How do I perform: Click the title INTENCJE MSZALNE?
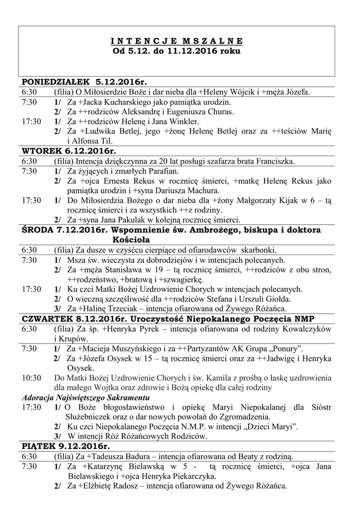176,41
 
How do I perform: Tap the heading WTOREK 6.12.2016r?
69,151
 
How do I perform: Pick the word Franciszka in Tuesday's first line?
275,161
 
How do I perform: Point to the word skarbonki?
259,250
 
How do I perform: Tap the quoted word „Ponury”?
282,348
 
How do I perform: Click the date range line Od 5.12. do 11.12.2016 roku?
176,51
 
